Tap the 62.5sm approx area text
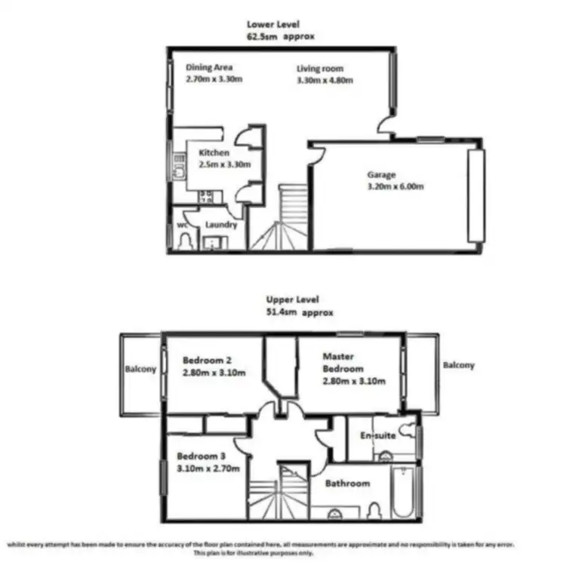point(280,35)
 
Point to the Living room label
point(321,69)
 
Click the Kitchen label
point(214,152)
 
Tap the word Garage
point(381,175)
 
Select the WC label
point(182,225)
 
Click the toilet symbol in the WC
point(184,241)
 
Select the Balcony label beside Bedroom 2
point(141,370)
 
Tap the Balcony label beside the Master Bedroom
point(459,366)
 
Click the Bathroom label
point(347,484)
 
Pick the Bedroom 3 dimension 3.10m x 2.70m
point(208,468)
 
